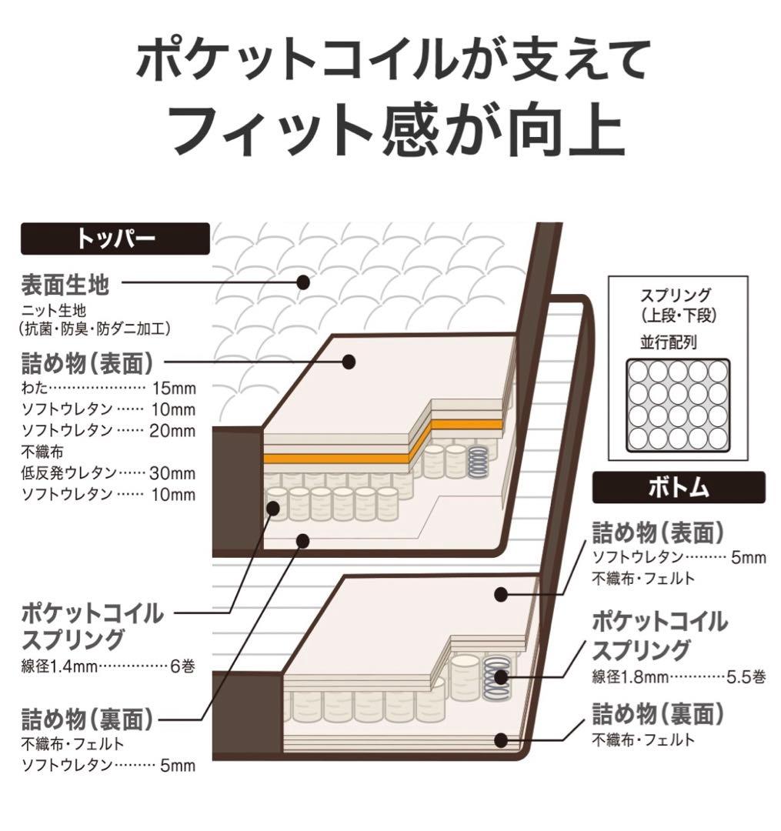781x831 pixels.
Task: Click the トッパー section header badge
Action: [x=115, y=239]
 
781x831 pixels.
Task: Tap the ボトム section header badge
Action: [x=678, y=487]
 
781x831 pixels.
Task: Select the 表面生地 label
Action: [x=65, y=285]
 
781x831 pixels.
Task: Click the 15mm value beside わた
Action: [x=175, y=389]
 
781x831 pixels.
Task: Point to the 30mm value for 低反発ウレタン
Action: [x=172, y=472]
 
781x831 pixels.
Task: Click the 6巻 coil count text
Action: [x=183, y=666]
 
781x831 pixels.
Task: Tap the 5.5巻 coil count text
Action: [x=746, y=677]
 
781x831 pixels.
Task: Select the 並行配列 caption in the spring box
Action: [x=668, y=342]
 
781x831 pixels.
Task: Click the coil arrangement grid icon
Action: [x=678, y=405]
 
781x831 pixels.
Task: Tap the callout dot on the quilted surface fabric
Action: [x=303, y=282]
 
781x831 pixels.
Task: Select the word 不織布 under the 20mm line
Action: [x=42, y=452]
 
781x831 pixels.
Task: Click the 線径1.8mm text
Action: [x=630, y=677]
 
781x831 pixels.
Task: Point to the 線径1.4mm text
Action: [x=59, y=666]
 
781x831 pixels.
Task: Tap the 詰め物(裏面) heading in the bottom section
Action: [x=658, y=714]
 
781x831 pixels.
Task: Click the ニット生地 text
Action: [x=54, y=311]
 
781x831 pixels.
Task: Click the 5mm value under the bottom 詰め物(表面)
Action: [x=749, y=557]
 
